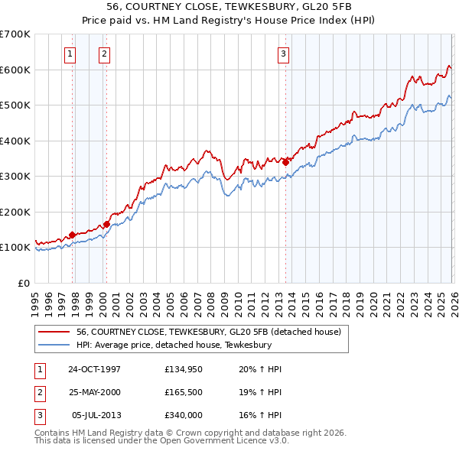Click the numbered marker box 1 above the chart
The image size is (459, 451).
70,54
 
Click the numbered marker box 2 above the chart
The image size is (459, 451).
103,54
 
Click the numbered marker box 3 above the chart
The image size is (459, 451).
283,54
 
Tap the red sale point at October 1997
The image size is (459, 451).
73,235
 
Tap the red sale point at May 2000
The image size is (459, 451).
106,224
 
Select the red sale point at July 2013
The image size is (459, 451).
285,162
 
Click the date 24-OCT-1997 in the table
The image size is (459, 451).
94,369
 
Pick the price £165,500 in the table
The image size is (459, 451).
183,392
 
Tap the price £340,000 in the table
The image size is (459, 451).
183,415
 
